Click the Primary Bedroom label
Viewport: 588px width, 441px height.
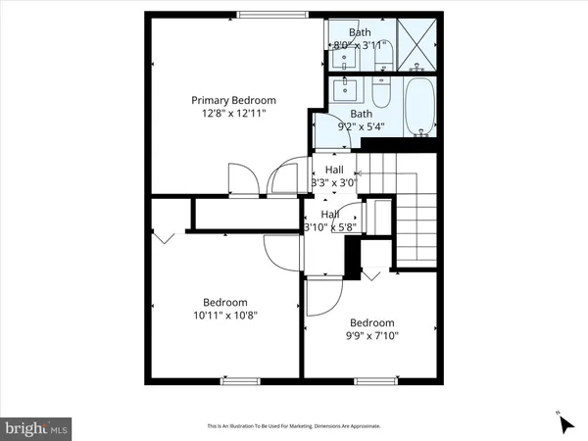click(x=233, y=100)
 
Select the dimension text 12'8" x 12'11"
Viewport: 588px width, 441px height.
click(x=233, y=114)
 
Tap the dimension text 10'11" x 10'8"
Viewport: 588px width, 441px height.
click(x=225, y=316)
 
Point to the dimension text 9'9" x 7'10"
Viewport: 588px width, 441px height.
click(x=372, y=336)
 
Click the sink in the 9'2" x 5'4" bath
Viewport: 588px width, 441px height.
click(x=344, y=92)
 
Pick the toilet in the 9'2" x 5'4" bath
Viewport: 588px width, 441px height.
click(x=383, y=95)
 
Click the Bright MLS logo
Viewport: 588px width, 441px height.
click(x=37, y=427)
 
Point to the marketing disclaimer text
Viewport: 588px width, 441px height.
click(x=293, y=426)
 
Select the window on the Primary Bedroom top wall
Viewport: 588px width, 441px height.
click(x=269, y=14)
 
